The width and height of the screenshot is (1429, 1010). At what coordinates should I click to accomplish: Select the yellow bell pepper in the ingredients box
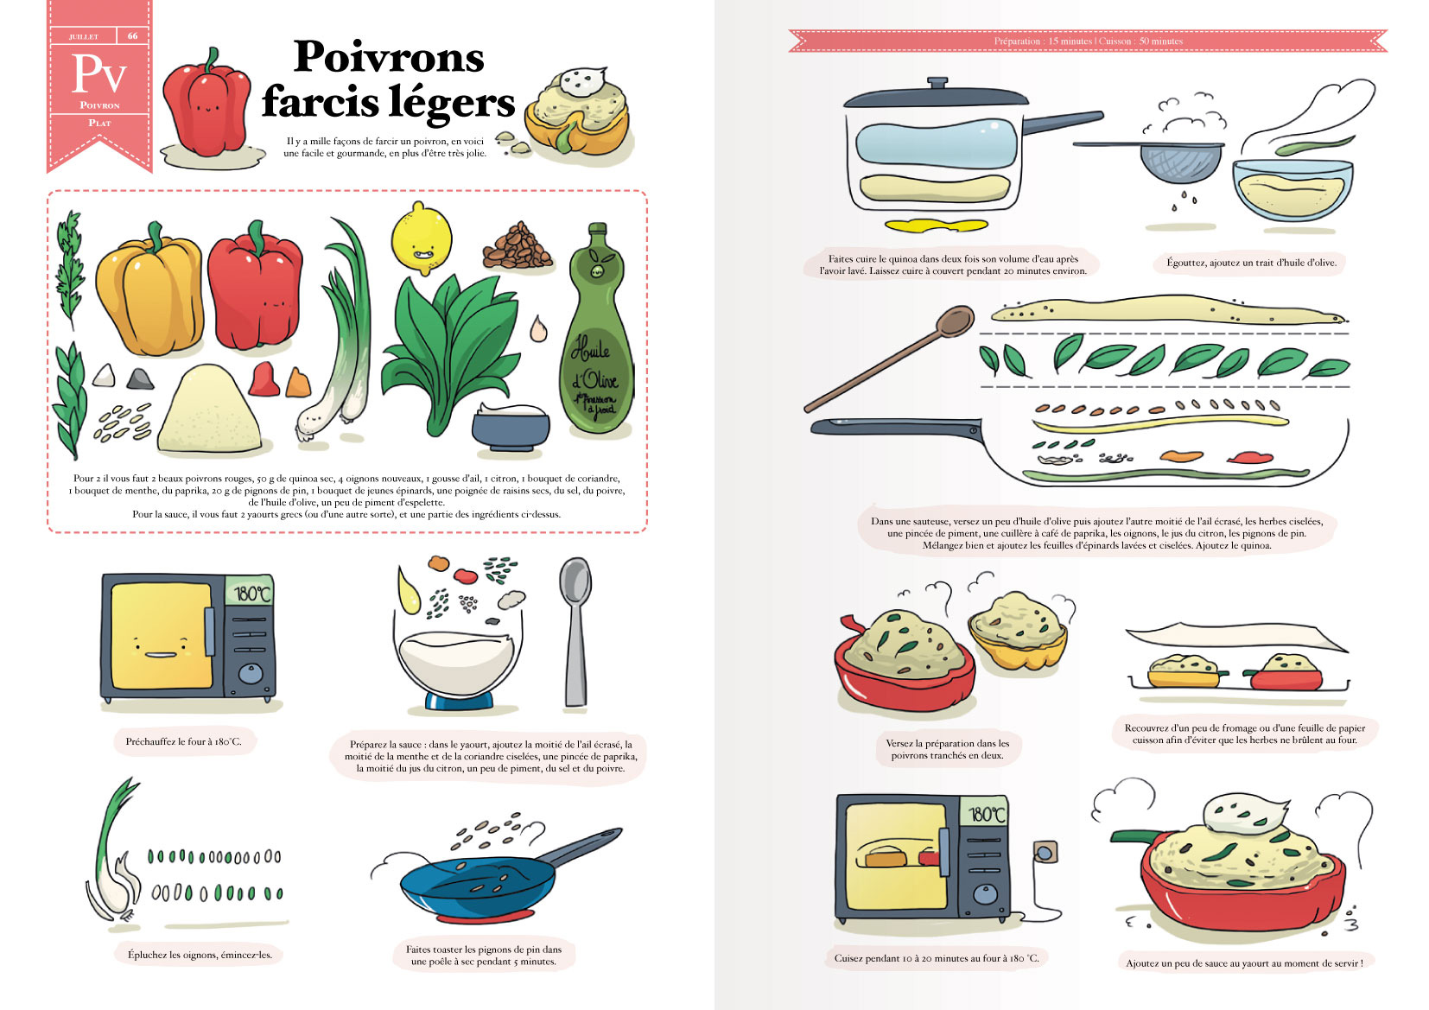click(149, 294)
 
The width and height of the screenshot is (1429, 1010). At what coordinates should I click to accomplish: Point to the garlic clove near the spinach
click(538, 329)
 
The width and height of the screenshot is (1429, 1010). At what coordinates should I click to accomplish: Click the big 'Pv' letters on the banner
click(98, 74)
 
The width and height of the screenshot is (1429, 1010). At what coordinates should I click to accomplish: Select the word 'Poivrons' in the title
click(389, 58)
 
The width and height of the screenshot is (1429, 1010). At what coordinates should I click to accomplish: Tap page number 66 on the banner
click(132, 36)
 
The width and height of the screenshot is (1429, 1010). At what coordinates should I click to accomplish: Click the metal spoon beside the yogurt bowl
click(575, 631)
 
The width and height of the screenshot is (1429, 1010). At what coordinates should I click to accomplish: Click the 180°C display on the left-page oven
click(252, 594)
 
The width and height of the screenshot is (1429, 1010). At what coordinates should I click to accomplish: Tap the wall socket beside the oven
click(1045, 853)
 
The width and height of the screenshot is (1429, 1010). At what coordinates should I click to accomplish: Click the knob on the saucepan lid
click(937, 83)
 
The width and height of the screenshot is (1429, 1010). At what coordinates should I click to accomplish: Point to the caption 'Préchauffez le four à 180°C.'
click(183, 741)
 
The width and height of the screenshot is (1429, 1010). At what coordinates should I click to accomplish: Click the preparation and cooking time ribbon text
click(1088, 41)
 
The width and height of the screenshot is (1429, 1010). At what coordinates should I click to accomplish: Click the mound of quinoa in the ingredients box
click(208, 411)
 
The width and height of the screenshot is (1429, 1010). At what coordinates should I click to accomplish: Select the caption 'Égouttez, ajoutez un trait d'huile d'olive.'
click(1250, 263)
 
